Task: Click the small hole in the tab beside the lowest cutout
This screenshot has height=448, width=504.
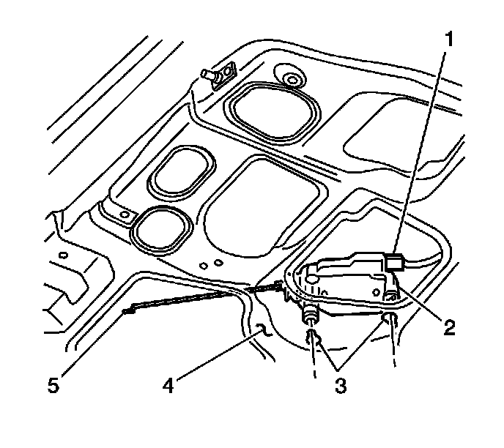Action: [124, 215]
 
